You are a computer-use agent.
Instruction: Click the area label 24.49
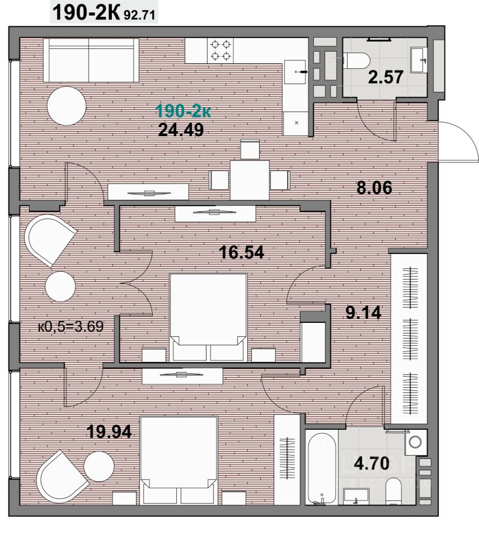click(181, 129)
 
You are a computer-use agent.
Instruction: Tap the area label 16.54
click(242, 253)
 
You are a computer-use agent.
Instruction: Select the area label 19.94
click(109, 432)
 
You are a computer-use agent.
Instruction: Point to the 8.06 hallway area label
click(374, 188)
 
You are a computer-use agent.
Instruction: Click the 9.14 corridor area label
click(363, 313)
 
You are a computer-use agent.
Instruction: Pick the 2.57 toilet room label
click(386, 77)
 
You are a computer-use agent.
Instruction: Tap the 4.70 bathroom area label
click(372, 463)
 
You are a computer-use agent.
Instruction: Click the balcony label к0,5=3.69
click(71, 326)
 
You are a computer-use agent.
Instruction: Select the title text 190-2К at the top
click(86, 13)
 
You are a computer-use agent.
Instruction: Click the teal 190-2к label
click(183, 111)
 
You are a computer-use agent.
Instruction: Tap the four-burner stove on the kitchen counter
click(220, 50)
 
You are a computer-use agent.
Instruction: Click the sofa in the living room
click(91, 60)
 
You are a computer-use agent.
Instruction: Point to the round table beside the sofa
click(67, 106)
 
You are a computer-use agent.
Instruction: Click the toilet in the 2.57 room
click(356, 61)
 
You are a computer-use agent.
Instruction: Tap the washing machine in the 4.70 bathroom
click(415, 442)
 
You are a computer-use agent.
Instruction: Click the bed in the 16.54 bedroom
click(208, 317)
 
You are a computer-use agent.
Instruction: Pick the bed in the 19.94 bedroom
click(179, 460)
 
